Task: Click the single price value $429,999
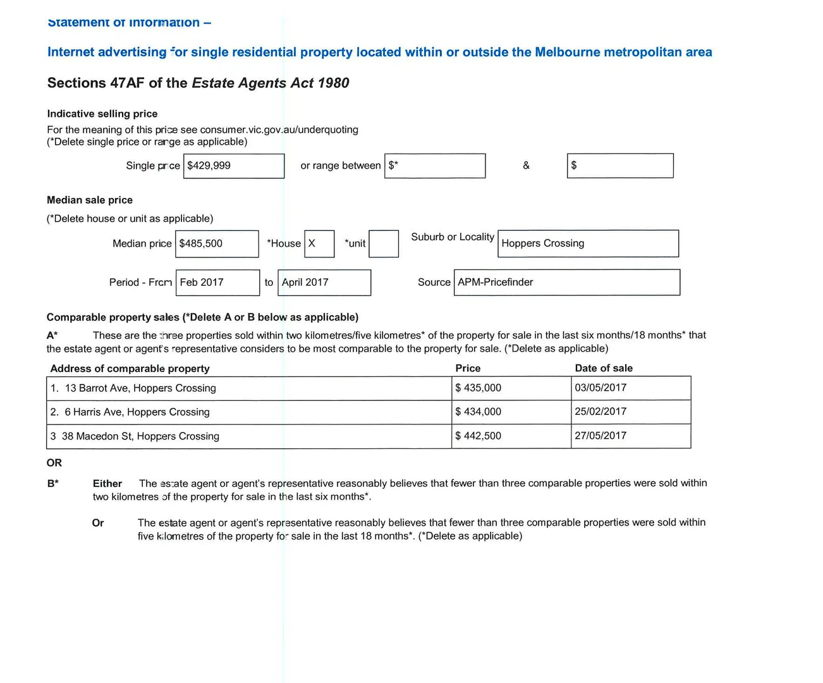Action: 209,166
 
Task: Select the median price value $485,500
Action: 201,243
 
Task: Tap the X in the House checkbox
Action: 312,243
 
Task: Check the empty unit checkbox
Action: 384,243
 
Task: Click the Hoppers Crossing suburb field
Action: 543,243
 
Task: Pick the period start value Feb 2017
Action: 202,282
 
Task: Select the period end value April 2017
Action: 305,282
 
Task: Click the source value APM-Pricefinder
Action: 496,282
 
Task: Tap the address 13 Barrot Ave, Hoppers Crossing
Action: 140,388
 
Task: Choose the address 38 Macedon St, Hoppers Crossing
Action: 140,436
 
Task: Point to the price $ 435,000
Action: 479,388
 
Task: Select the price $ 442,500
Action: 479,436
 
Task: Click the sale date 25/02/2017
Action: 600,412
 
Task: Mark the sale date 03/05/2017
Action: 600,388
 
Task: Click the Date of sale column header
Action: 604,368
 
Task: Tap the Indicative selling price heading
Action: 102,114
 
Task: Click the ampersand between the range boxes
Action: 527,166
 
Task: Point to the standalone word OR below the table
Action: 54,463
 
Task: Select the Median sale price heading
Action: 90,200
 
